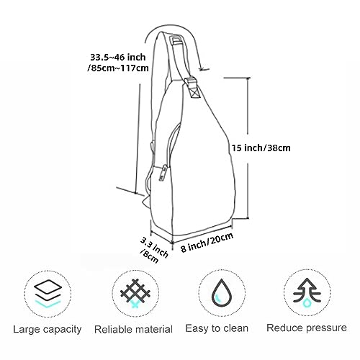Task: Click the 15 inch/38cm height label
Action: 261,148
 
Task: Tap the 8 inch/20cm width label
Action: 207,242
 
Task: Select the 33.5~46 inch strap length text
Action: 118,58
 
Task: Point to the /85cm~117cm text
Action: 118,68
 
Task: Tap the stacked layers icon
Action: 48,294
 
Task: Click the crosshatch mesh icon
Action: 135,293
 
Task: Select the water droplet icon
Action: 222,293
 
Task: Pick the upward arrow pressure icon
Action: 307,293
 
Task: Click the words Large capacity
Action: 48,329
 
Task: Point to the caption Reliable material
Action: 133,329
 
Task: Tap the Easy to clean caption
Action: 217,328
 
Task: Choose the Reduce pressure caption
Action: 307,328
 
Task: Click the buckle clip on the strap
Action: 193,86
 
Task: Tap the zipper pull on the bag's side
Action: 163,173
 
